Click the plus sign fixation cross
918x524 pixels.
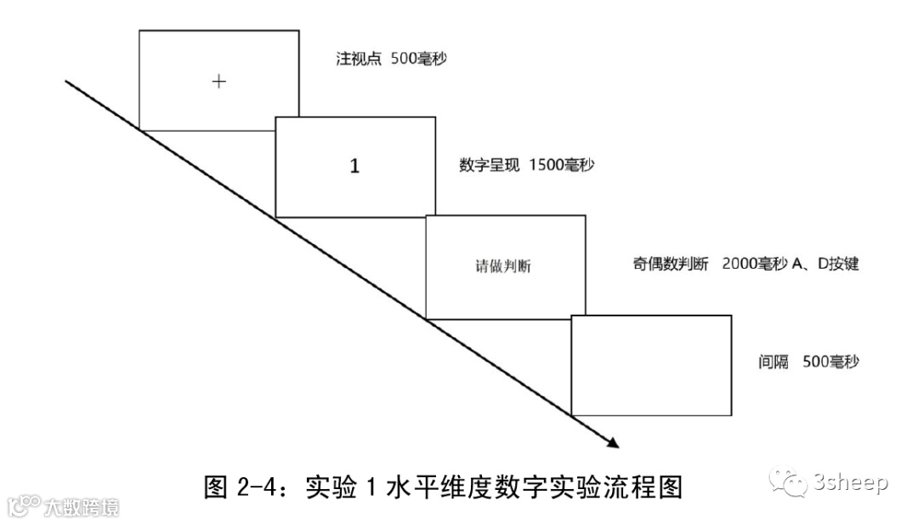coord(219,82)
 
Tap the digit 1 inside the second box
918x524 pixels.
coord(355,166)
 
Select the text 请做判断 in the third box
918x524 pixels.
coord(506,266)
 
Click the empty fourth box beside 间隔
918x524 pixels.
coord(651,365)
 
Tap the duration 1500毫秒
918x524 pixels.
coord(561,165)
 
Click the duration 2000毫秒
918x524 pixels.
coord(753,264)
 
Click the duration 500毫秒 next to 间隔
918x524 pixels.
coord(831,362)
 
